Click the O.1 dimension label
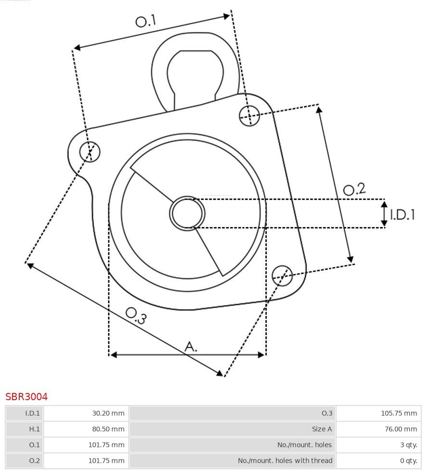[146, 21]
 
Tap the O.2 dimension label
[354, 189]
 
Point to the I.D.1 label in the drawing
[402, 215]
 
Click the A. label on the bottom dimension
[191, 346]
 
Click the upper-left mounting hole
[90, 152]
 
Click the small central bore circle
[187, 213]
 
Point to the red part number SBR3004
[26, 397]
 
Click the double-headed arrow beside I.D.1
[384, 214]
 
